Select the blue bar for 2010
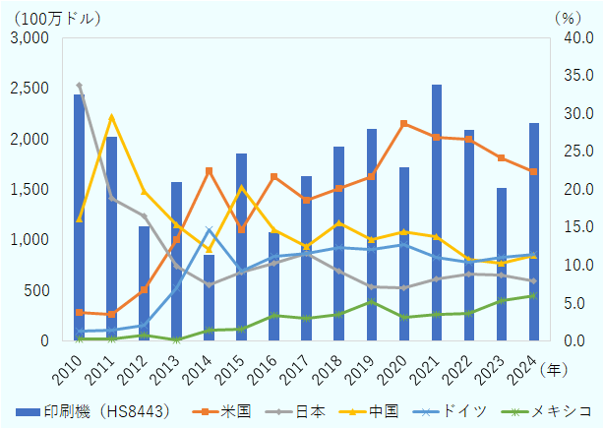tap(79, 217)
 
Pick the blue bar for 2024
tap(533, 232)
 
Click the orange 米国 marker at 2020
tap(403, 124)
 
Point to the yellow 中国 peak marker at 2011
tap(111, 117)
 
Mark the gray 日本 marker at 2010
tap(79, 86)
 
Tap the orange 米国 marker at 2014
tap(209, 170)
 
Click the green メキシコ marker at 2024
tap(533, 295)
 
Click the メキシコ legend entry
tap(552, 409)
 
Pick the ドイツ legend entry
tap(462, 409)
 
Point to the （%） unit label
tap(568, 18)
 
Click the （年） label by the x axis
tap(554, 367)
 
